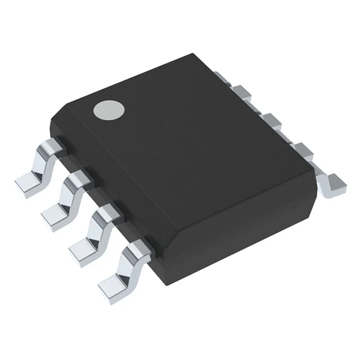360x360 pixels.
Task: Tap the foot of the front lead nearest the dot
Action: tap(26, 182)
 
